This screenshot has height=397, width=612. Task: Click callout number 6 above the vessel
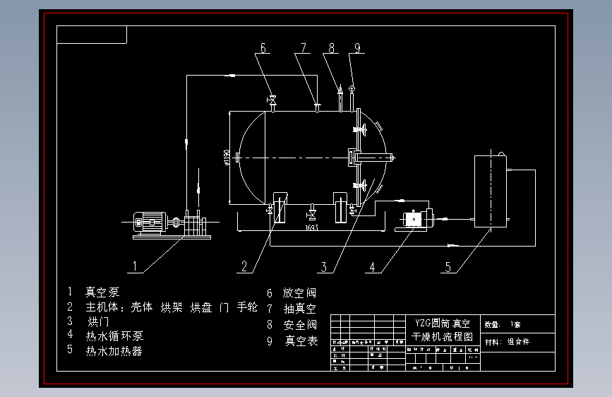pos(263,49)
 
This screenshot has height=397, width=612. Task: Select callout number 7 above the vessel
pos(304,49)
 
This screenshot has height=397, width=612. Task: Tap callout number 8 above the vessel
pos(331,49)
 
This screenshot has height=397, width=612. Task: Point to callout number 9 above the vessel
pos(358,49)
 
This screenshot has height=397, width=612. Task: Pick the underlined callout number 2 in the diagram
pos(244,266)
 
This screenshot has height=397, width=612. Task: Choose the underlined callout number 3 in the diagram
pos(324,267)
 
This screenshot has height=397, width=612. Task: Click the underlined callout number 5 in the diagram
pos(447,267)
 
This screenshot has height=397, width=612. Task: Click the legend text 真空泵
pos(102,292)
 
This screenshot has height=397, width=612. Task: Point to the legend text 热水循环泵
pos(114,336)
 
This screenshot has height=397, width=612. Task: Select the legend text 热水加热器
pos(114,350)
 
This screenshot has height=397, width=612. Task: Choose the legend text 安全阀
pos(300,325)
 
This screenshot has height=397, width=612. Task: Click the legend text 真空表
pos(301,341)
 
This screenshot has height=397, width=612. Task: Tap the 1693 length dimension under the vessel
pos(311,228)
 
